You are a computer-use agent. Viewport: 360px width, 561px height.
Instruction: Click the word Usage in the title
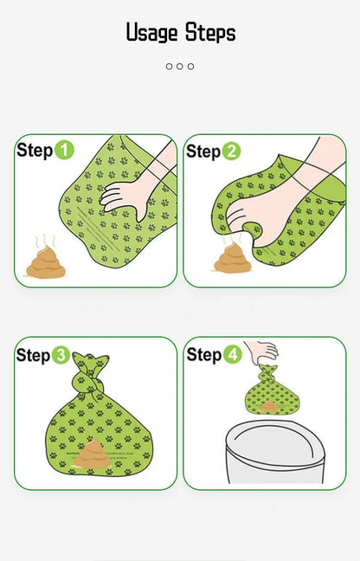pyautogui.click(x=152, y=34)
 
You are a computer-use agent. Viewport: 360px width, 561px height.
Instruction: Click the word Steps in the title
pyautogui.click(x=209, y=34)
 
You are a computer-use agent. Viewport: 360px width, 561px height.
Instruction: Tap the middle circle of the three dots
pyautogui.click(x=180, y=66)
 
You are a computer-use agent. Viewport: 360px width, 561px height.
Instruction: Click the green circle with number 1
pyautogui.click(x=64, y=151)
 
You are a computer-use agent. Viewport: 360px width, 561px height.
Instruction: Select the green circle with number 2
pyautogui.click(x=231, y=152)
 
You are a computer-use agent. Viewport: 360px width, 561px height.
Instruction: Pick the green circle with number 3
pyautogui.click(x=61, y=355)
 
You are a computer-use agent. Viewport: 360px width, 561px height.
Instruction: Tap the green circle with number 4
pyautogui.click(x=232, y=354)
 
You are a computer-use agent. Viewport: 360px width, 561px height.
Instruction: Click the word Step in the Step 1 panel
pyautogui.click(x=35, y=151)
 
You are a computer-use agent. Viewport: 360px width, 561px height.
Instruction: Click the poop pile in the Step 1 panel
pyautogui.click(x=45, y=264)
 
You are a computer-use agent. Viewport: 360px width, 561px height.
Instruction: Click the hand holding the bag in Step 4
pyautogui.click(x=261, y=351)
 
